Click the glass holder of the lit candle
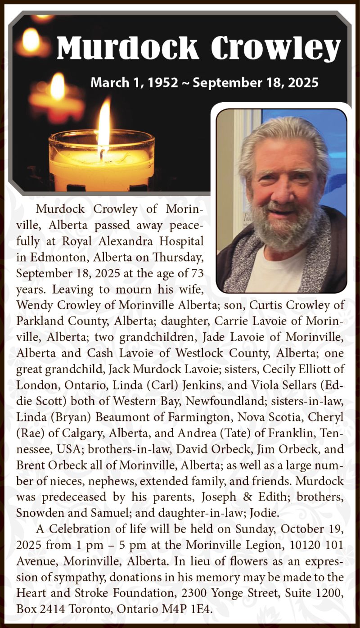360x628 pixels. click(102, 162)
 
